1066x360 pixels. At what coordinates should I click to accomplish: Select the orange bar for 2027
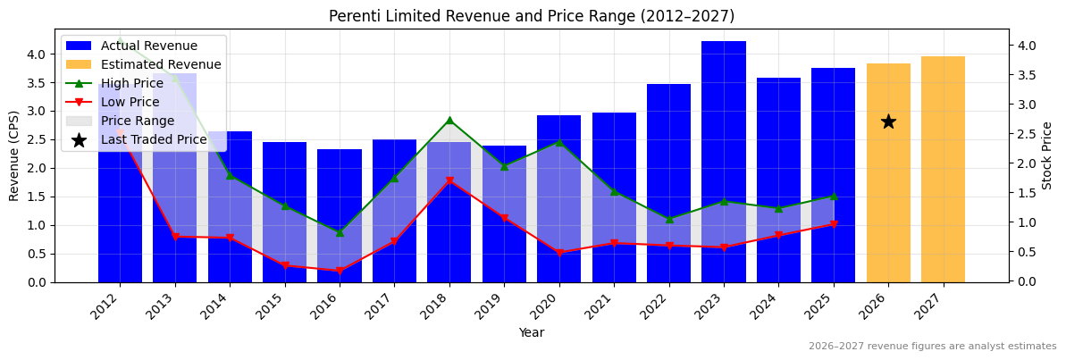pyautogui.click(x=943, y=170)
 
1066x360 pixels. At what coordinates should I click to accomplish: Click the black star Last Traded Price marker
pyautogui.click(x=888, y=121)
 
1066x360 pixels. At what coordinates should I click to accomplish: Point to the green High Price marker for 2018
pyautogui.click(x=449, y=121)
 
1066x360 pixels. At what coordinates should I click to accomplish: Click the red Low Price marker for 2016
pyautogui.click(x=340, y=271)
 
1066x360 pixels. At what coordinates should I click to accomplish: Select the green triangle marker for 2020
pyautogui.click(x=559, y=141)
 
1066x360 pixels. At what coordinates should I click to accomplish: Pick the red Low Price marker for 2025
pyautogui.click(x=834, y=225)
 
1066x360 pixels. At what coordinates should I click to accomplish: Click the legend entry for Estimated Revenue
pyautogui.click(x=161, y=64)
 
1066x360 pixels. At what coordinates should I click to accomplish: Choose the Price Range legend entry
pyautogui.click(x=138, y=121)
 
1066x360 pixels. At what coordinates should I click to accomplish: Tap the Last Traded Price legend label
pyautogui.click(x=154, y=139)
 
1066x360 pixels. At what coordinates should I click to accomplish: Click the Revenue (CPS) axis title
pyautogui.click(x=14, y=156)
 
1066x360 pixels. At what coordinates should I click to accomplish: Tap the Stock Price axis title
pyautogui.click(x=1047, y=155)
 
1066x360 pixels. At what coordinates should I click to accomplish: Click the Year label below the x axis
pyautogui.click(x=532, y=332)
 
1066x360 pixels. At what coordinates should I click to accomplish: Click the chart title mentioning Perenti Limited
pyautogui.click(x=532, y=16)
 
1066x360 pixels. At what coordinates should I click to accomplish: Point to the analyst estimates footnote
pyautogui.click(x=932, y=347)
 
